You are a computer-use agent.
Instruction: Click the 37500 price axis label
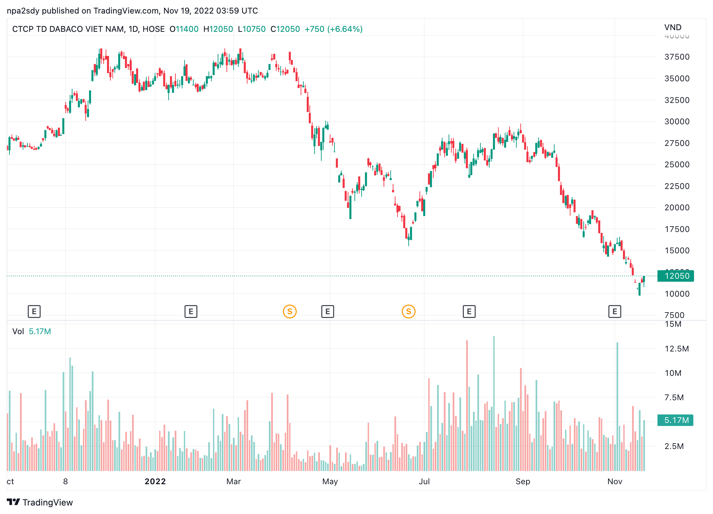677,57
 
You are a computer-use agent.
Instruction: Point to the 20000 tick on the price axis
677,208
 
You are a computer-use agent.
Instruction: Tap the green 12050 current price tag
676,276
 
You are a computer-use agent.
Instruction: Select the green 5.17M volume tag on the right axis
675,420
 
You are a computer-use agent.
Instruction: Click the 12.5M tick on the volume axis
676,349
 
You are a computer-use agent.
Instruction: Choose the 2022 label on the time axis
155,481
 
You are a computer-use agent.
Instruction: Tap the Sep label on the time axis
523,481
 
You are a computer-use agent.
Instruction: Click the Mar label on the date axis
234,481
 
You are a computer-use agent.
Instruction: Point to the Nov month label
615,481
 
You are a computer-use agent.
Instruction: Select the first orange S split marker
290,312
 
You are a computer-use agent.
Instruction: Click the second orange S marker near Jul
409,312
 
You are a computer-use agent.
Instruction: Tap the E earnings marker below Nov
615,312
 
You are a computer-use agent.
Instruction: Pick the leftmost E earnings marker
34,312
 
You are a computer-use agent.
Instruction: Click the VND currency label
673,27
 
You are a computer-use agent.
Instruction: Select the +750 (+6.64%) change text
333,29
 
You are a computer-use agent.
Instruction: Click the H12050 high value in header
218,29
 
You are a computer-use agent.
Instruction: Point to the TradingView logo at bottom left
40,502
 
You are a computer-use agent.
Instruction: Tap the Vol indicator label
18,331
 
